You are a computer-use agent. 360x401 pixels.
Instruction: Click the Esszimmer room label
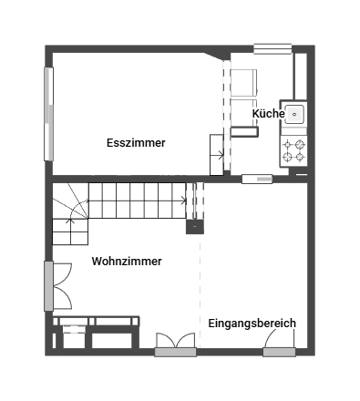[x=136, y=143]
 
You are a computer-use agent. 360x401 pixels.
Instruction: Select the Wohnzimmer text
[x=127, y=262]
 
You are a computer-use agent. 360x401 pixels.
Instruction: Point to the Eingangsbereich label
[x=252, y=324]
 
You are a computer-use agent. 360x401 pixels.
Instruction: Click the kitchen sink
[x=294, y=114]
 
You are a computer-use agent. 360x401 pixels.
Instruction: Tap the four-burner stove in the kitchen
[x=293, y=149]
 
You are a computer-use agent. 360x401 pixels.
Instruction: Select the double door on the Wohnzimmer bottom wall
[x=175, y=344]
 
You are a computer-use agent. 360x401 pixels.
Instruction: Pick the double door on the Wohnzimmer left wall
[x=57, y=286]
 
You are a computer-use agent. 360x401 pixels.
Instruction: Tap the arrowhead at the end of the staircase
[x=185, y=200]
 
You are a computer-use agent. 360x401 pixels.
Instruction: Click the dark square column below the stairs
[x=194, y=226]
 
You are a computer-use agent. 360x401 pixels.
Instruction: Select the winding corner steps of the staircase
[x=69, y=223]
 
